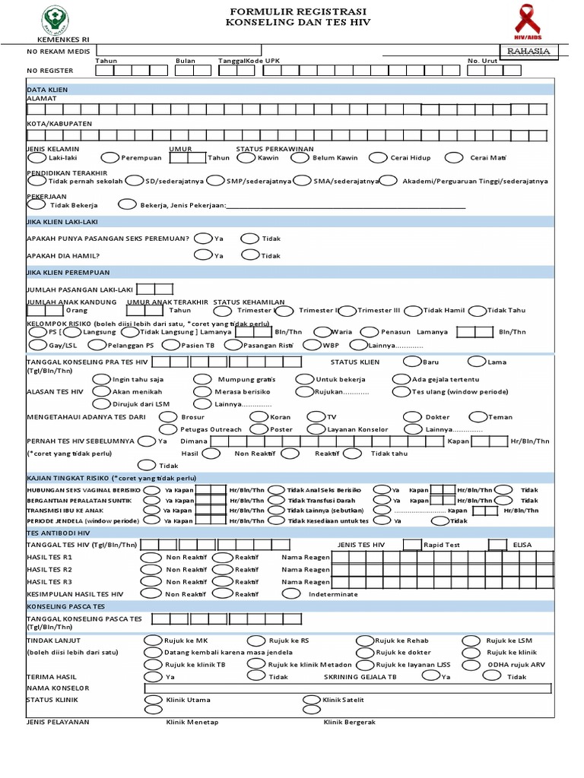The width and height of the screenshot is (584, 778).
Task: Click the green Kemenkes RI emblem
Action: coord(55,18)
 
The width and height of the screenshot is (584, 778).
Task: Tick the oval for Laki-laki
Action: coord(36,158)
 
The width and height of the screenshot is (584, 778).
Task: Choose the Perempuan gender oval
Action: coord(109,158)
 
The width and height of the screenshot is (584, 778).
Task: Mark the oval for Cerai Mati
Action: coord(454,158)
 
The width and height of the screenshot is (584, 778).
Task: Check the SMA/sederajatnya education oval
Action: coord(302,181)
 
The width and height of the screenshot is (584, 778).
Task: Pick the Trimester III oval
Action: coord(347,310)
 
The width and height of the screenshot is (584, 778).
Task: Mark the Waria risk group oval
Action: coord(322,331)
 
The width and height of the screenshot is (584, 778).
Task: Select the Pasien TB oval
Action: coord(172,344)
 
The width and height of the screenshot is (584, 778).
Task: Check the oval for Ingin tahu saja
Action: coord(101,379)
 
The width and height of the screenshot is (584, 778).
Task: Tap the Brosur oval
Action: coord(168,416)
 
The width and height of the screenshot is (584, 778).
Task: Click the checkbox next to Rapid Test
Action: coord(411,544)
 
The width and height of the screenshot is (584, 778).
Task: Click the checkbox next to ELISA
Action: coord(497,544)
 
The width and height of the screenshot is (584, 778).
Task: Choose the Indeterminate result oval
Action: coord(290,593)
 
